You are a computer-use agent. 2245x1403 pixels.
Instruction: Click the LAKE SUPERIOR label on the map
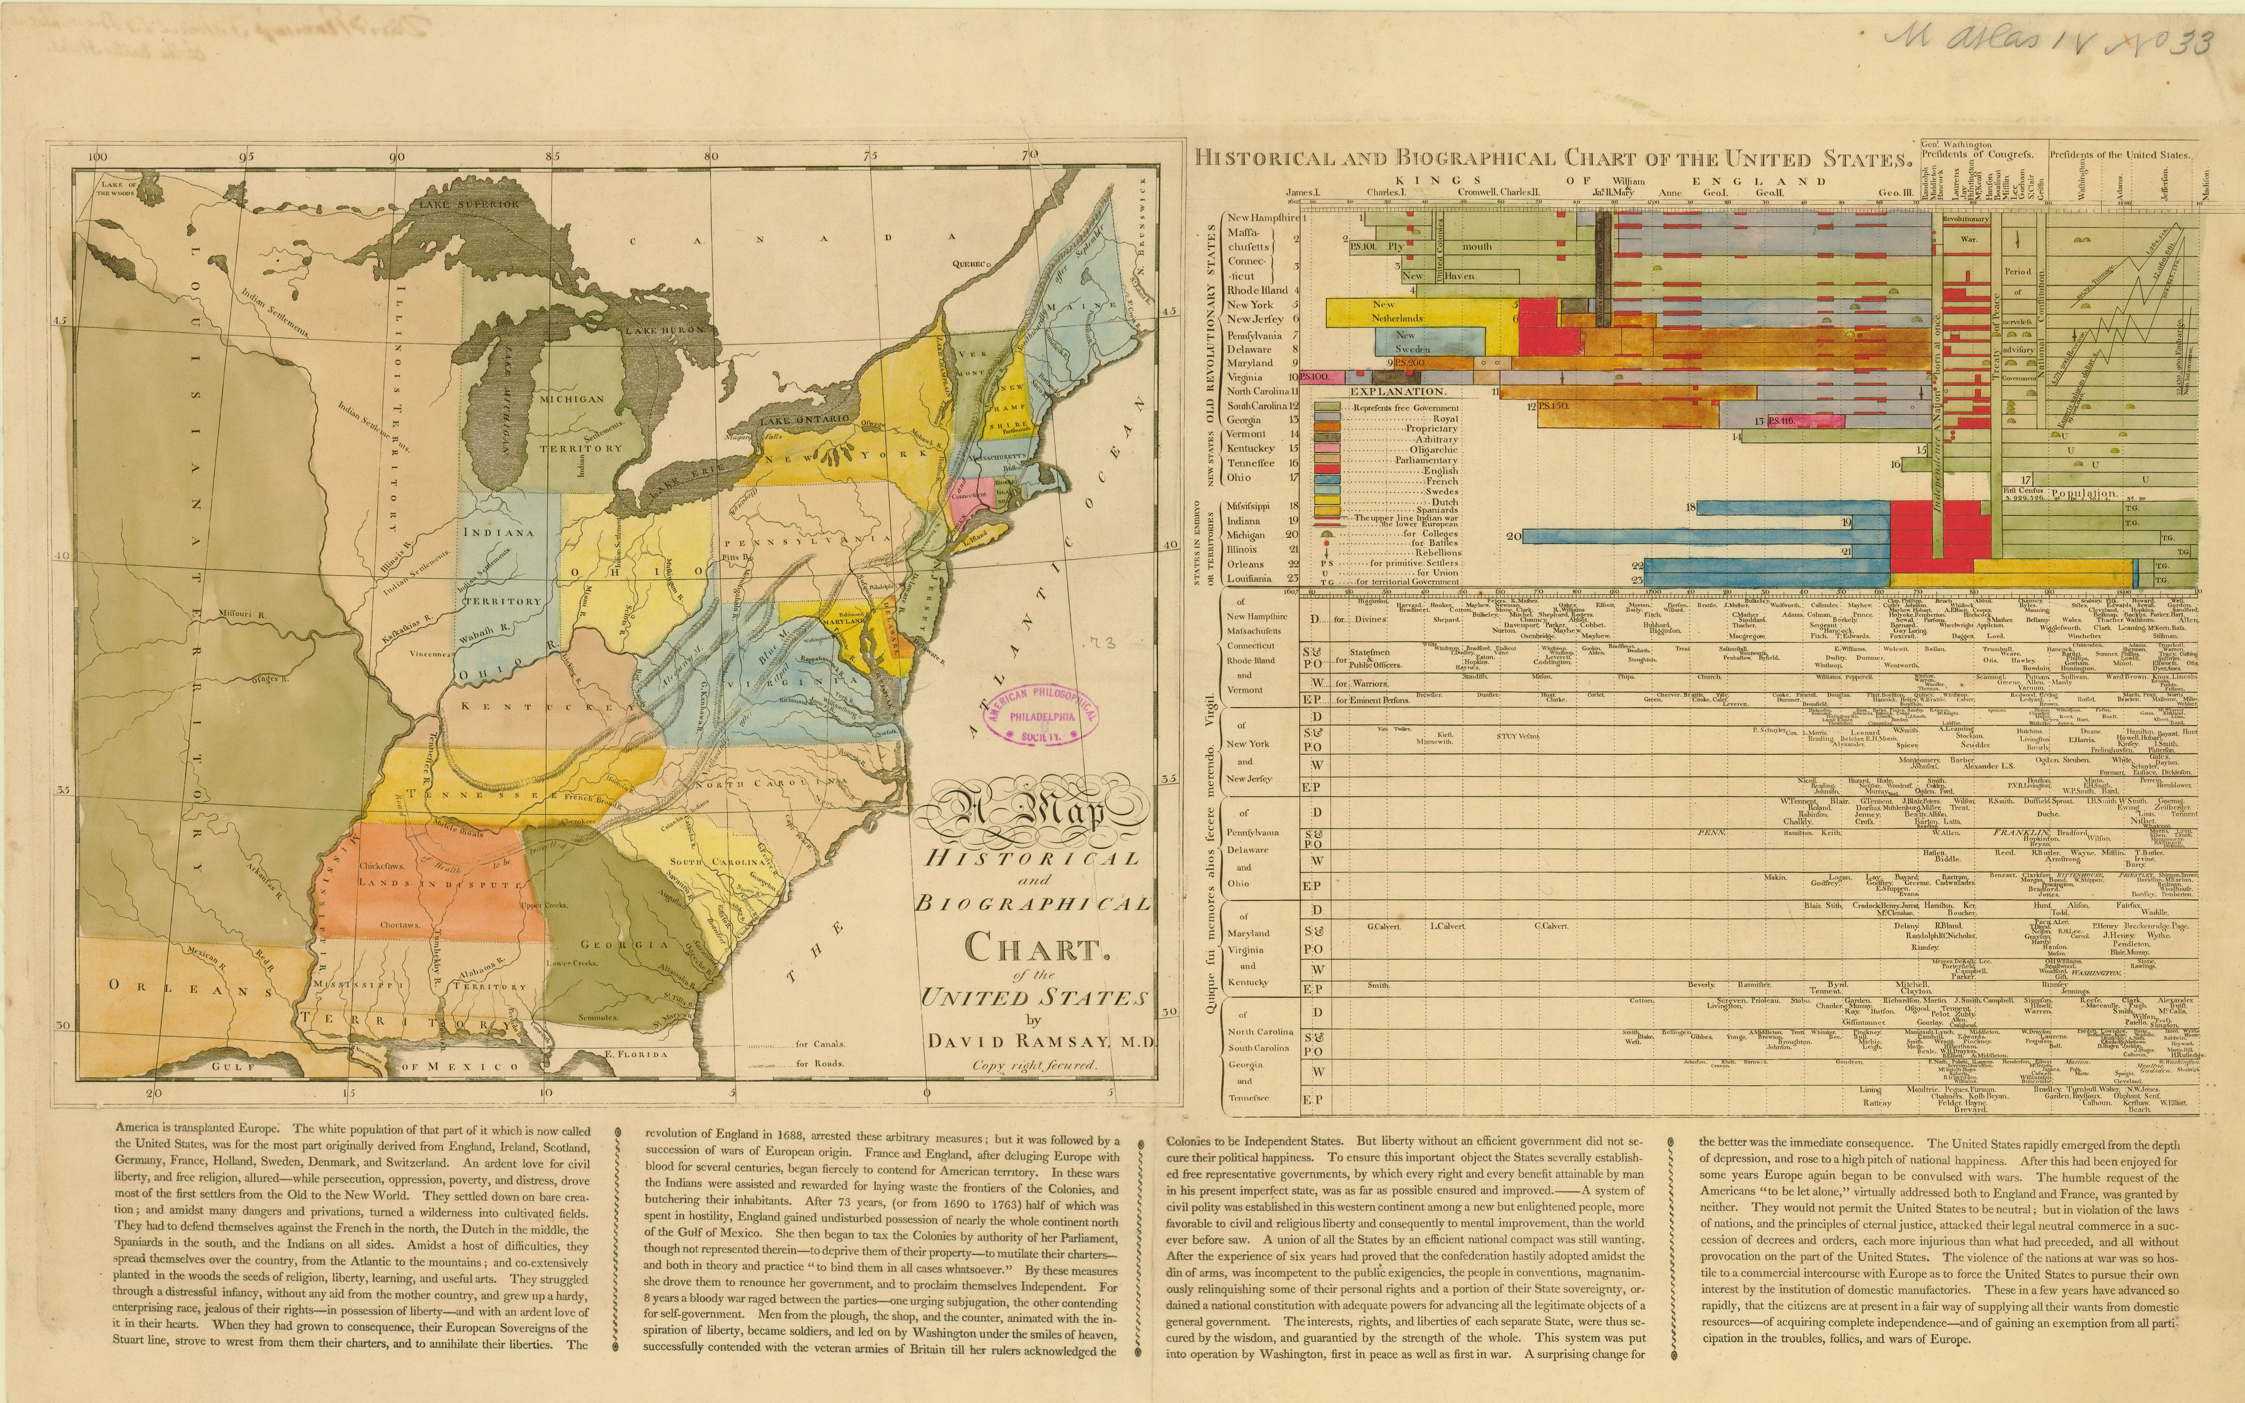point(469,203)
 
